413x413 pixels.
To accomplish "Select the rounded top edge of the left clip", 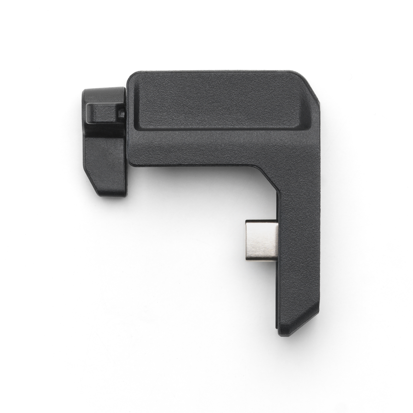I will [x=103, y=89].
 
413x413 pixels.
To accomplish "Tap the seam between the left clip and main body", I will [x=126, y=137].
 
